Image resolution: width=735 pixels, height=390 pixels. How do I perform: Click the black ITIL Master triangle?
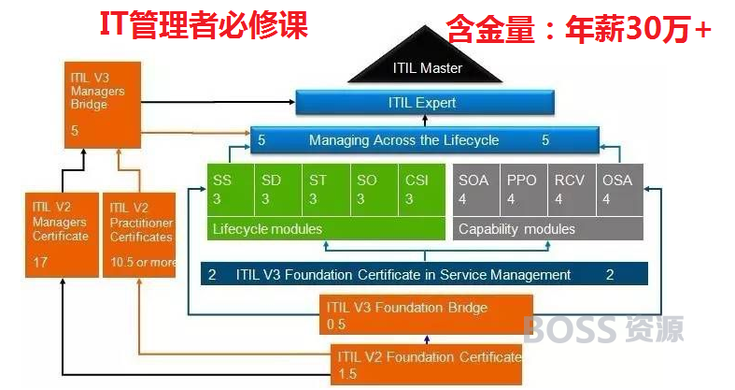(x=425, y=60)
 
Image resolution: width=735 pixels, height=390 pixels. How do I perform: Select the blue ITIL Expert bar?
(x=425, y=102)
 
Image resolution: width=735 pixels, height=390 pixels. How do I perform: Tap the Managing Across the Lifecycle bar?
(x=425, y=140)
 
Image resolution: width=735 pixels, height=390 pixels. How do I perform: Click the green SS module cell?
(x=231, y=190)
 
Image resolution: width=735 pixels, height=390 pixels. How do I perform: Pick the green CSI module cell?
(x=422, y=190)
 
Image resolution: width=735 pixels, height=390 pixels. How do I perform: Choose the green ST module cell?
(x=326, y=190)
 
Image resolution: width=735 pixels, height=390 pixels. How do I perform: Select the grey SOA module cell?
(x=476, y=190)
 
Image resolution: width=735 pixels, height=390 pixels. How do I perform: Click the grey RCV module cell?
(x=572, y=190)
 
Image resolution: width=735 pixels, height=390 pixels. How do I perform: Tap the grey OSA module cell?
(x=620, y=190)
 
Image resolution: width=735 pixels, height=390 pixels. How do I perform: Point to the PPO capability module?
(x=524, y=190)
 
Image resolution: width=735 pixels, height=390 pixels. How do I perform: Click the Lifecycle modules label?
(x=267, y=229)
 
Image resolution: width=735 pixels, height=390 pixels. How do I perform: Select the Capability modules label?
(x=516, y=229)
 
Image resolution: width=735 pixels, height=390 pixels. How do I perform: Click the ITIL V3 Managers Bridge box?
(x=103, y=105)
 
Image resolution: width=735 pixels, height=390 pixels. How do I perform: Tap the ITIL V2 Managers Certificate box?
(x=62, y=235)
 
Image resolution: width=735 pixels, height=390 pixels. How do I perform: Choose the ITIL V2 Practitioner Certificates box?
(x=139, y=235)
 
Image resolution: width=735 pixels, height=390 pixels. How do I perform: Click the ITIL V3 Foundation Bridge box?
(x=426, y=314)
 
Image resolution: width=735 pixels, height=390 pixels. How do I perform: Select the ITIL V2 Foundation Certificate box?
(x=426, y=365)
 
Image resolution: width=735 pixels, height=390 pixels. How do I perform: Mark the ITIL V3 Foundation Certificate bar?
(x=424, y=274)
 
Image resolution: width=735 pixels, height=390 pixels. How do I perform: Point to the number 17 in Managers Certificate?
(x=40, y=262)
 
